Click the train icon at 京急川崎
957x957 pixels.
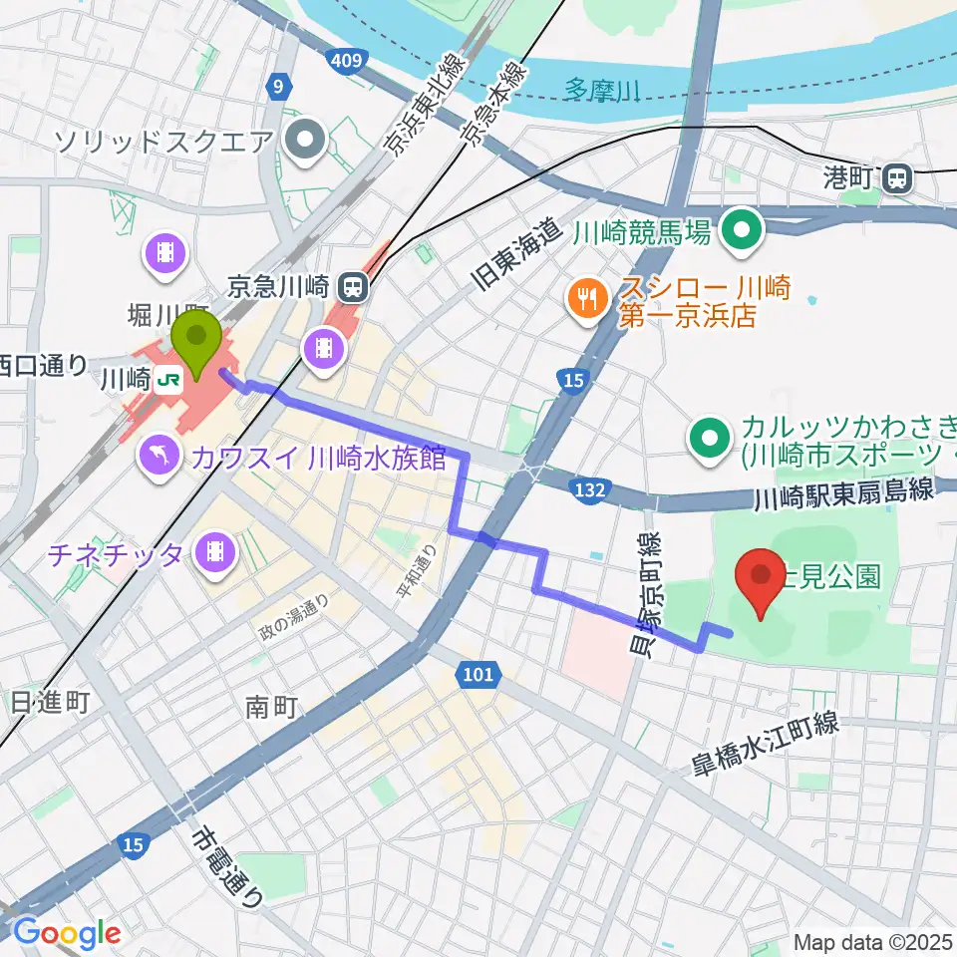(x=351, y=288)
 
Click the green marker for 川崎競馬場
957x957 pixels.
(x=743, y=232)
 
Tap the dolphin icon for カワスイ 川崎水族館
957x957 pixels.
(x=160, y=457)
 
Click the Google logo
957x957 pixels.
(x=66, y=933)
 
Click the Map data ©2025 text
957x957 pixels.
(x=873, y=941)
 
